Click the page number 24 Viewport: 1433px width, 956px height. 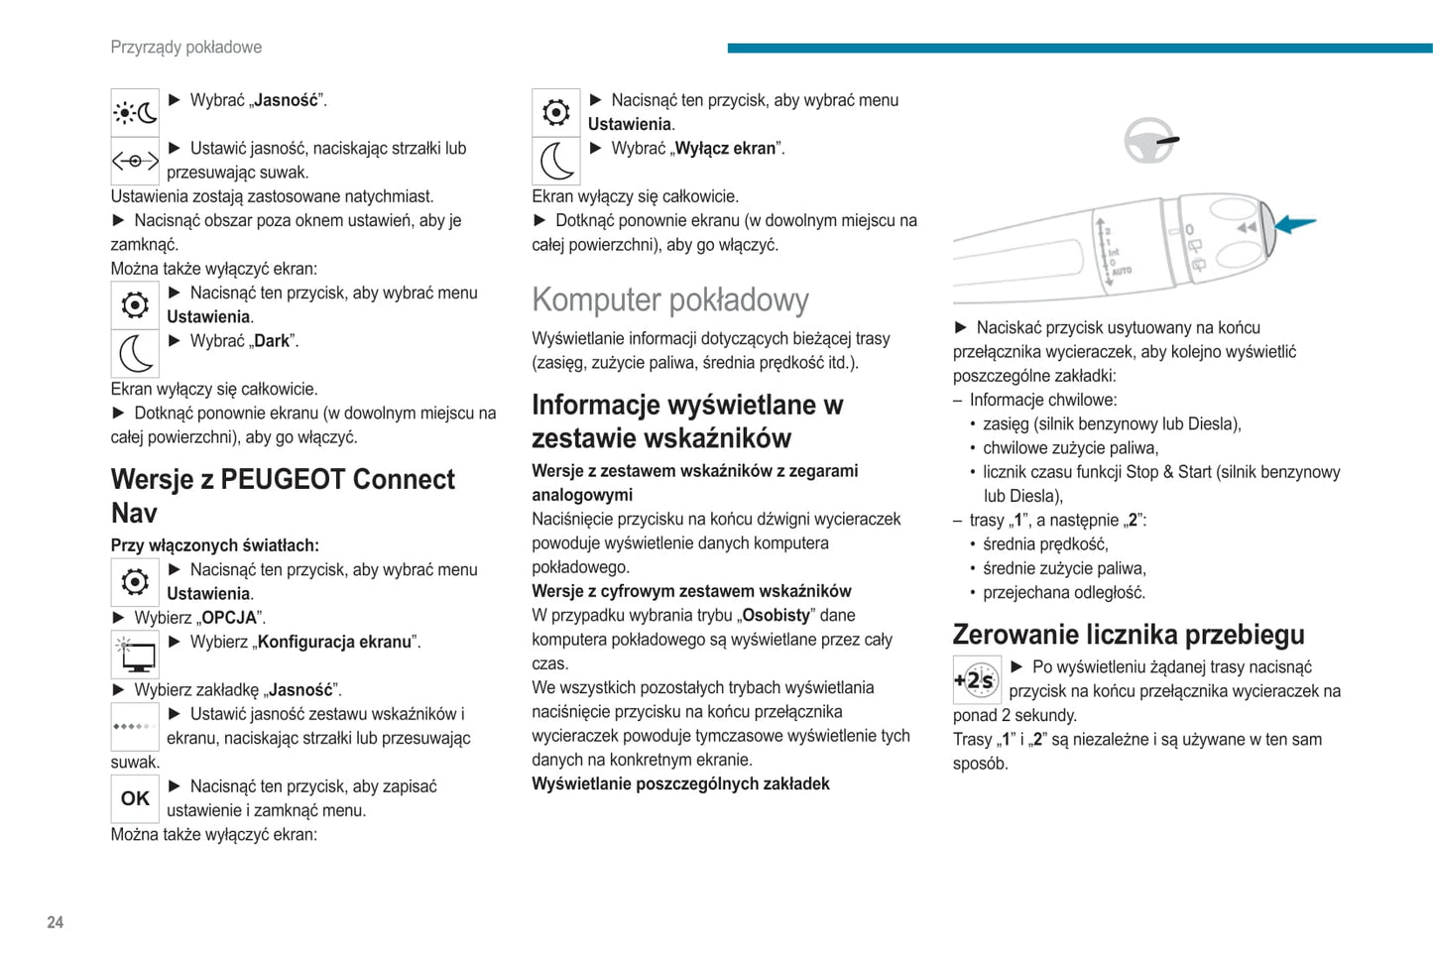tap(56, 922)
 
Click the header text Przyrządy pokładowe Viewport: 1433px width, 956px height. tap(186, 47)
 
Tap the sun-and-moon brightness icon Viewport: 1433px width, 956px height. tap(135, 113)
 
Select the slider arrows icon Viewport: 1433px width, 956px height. tap(135, 161)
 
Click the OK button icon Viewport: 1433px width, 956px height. tap(135, 798)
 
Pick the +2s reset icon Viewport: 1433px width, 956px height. tap(977, 680)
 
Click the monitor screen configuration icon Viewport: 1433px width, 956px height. tap(135, 655)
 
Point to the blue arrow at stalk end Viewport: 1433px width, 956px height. tap(1295, 224)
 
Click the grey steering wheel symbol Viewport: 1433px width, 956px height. tap(1149, 141)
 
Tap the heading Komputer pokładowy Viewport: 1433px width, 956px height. tap(670, 299)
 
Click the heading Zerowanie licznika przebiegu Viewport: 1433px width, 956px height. tap(1129, 635)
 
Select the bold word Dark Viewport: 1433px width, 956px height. tap(272, 341)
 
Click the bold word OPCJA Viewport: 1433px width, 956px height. tap(229, 618)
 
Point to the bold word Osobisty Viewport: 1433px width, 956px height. tap(776, 616)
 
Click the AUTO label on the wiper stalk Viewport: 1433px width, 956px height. tap(1122, 271)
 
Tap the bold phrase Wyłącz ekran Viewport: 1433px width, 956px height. tap(725, 149)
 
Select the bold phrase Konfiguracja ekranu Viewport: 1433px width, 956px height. tap(334, 642)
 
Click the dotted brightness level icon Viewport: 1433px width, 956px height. tap(135, 727)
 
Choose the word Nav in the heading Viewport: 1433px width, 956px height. tap(134, 514)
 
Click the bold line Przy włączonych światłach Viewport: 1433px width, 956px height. tap(215, 545)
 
